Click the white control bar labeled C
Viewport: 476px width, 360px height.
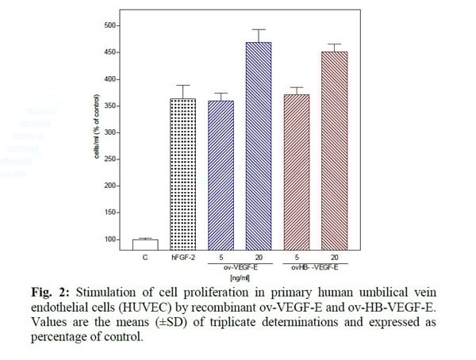pos(145,244)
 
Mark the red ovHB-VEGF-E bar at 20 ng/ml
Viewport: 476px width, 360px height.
pos(334,151)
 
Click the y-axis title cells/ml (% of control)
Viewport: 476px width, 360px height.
pos(96,132)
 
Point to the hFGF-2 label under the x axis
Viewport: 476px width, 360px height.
pos(183,258)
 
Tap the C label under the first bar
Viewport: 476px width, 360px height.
pos(145,258)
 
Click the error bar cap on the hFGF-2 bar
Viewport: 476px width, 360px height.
pos(183,86)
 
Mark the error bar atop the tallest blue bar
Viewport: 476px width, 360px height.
pos(259,30)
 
